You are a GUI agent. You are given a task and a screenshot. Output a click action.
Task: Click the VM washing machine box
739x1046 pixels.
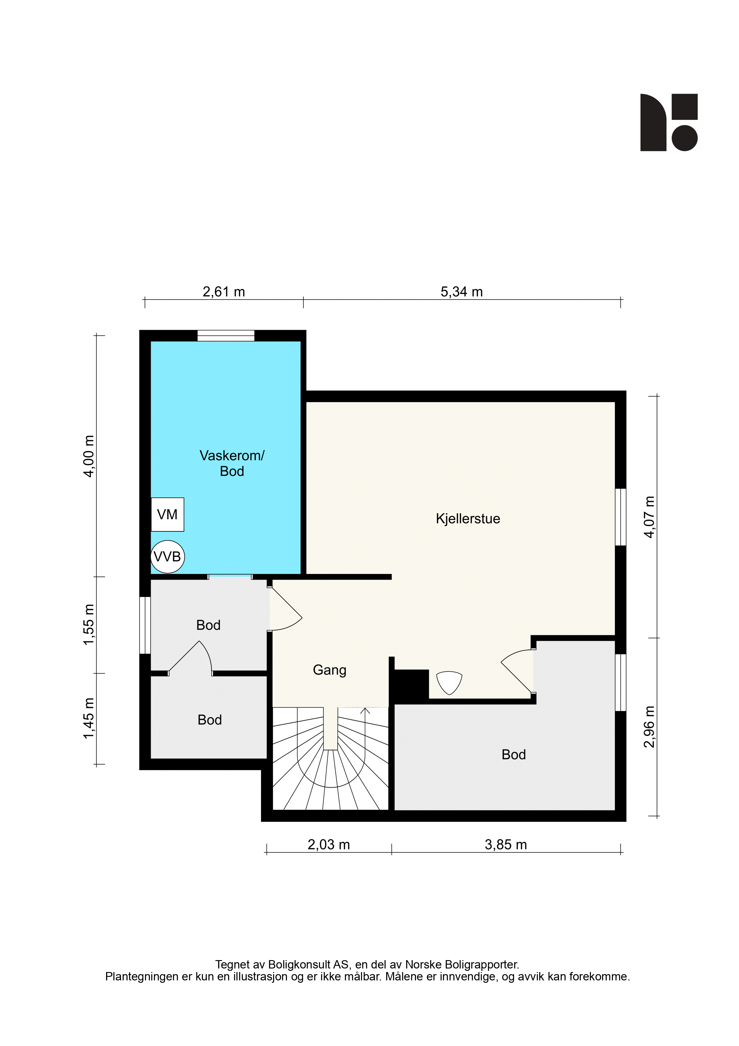tap(167, 514)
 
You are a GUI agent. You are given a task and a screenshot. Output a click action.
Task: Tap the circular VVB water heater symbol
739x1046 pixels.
tap(167, 556)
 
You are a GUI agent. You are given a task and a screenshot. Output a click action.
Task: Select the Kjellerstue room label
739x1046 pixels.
tap(468, 519)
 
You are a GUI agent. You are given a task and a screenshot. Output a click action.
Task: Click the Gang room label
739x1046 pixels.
tap(330, 670)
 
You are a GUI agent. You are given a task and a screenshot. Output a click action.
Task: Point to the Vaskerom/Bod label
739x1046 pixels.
tap(232, 463)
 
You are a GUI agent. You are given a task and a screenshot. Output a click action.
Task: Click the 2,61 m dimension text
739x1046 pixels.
tap(223, 292)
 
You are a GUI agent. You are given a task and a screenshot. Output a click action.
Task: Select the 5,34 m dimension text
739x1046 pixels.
tap(461, 292)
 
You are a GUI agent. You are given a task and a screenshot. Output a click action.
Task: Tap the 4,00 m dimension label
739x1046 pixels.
tap(89, 456)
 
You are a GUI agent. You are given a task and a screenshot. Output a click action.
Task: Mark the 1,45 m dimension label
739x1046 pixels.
tap(89, 718)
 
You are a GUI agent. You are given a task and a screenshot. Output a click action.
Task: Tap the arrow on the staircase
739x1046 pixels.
tap(365, 711)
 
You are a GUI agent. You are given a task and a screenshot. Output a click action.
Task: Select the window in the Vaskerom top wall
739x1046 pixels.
tap(226, 336)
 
